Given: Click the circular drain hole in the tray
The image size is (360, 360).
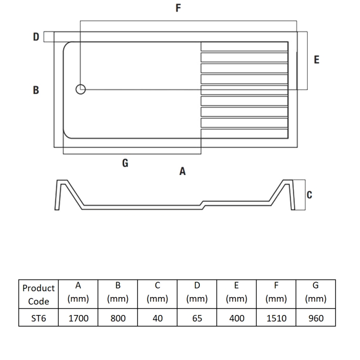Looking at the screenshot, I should click(81, 90).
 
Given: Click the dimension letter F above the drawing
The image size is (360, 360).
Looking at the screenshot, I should click(179, 8).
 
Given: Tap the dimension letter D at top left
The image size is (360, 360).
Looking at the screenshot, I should click(36, 37).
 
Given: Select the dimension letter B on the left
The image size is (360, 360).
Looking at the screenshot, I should click(36, 90).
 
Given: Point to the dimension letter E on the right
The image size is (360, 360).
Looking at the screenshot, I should click(316, 59).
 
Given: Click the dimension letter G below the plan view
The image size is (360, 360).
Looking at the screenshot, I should click(125, 163).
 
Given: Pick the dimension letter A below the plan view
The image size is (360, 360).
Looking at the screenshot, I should click(182, 171).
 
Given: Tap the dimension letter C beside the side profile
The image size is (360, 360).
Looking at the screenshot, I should click(309, 194).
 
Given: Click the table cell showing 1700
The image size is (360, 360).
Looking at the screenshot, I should click(78, 319).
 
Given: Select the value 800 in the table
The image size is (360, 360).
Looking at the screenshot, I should click(118, 319).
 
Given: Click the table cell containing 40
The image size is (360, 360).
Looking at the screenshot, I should click(157, 319).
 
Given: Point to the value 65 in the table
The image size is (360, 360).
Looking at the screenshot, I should click(197, 319).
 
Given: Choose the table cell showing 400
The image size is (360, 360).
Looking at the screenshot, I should click(237, 319).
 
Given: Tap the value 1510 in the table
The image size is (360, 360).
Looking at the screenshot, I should click(276, 319).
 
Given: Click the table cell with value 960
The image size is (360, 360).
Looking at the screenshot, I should click(315, 319).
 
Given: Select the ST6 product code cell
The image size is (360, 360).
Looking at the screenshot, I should click(39, 319).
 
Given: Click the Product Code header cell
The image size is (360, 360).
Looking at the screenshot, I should click(39, 295).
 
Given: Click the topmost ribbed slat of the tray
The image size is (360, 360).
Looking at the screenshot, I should click(244, 46).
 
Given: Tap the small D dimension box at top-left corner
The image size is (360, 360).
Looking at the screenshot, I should click(49, 36).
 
